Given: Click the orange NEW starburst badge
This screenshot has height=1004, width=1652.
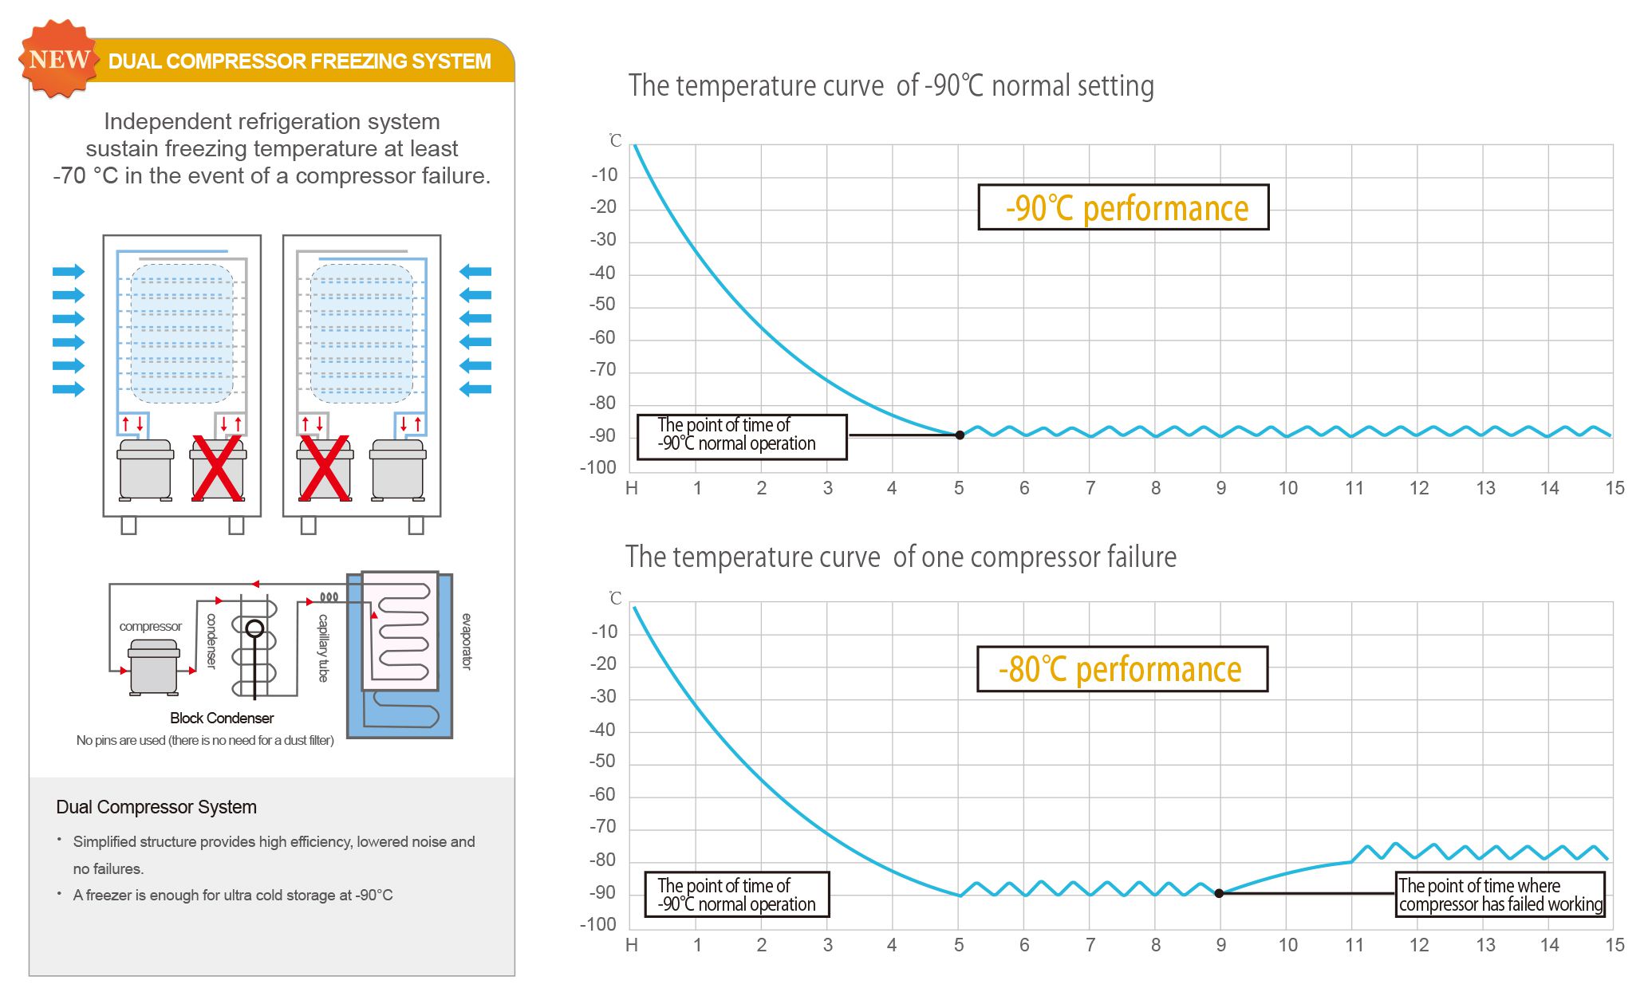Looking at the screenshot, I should coord(58,60).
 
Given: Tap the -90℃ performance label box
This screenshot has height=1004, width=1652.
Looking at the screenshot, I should coord(1123,208).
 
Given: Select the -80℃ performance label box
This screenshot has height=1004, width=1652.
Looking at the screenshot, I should coord(1122,669).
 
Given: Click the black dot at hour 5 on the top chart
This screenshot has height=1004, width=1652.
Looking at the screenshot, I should coord(960,435).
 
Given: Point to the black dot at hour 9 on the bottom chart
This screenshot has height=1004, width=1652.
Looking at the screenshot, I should coord(1219,893).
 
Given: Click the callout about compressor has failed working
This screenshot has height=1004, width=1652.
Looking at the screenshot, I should coord(1500,895).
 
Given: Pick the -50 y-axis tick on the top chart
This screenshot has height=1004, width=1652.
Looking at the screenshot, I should coord(603,305).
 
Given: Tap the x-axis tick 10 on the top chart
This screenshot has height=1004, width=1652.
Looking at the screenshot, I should coord(1287,488).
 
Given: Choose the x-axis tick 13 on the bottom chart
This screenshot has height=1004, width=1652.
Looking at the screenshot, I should coord(1484,946).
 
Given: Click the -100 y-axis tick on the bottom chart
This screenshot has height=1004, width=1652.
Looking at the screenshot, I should coord(598,925).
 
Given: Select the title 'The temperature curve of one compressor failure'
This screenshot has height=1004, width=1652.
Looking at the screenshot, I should coord(901,557).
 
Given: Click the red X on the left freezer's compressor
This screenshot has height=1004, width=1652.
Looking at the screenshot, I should coord(218,468).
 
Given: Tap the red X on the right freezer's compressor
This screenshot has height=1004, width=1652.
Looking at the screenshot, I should coord(324,468).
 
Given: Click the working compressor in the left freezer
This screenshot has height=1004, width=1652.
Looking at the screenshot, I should coord(145,470).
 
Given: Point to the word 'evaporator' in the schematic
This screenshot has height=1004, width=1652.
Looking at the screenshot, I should coord(467,641).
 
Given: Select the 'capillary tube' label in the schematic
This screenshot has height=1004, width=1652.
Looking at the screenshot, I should coord(323,648).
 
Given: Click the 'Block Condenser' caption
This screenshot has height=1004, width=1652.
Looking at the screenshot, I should coord(222,718).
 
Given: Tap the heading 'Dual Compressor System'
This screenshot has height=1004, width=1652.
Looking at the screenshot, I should coord(156,807).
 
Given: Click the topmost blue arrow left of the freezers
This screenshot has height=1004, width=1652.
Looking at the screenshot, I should coord(69,272).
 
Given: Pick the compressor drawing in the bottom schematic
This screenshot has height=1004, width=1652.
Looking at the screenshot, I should coord(154,668).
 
